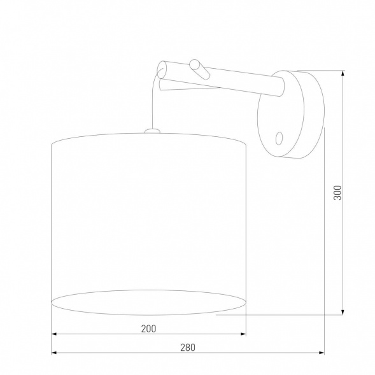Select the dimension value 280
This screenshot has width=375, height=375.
pyautogui.click(x=187, y=347)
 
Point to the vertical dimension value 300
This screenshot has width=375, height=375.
pyautogui.click(x=337, y=192)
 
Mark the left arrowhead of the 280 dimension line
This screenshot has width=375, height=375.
pyautogui.click(x=54, y=352)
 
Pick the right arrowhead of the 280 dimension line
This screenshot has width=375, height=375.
pyautogui.click(x=322, y=352)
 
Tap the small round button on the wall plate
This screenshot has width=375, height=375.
pyautogui.click(x=278, y=136)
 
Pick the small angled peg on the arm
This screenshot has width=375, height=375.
pyautogui.click(x=197, y=68)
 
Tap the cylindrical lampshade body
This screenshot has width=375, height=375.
pyautogui.click(x=147, y=210)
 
